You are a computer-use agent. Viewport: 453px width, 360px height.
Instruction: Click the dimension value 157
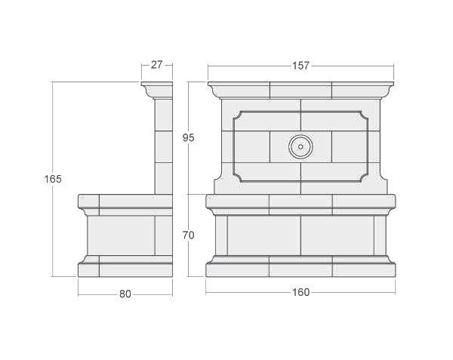[x=300, y=66]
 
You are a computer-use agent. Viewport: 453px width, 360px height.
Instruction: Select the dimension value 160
[x=300, y=293]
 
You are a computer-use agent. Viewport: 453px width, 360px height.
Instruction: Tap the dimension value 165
[x=53, y=179]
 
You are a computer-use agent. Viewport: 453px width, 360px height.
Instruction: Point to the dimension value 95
[x=189, y=137]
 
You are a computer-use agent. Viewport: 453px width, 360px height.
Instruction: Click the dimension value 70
[x=189, y=235]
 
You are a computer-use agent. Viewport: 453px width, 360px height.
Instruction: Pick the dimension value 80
[x=125, y=294]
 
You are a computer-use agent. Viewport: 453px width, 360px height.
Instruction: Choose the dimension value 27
[x=156, y=65]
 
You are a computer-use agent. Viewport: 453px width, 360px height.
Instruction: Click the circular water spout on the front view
[x=300, y=146]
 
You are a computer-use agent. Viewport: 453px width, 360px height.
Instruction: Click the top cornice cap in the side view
[x=157, y=90]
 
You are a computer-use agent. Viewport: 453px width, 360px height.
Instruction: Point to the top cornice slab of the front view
[x=300, y=89]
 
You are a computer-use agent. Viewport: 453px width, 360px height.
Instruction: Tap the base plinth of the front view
[x=300, y=269]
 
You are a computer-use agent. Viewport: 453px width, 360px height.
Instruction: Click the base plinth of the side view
[x=125, y=269]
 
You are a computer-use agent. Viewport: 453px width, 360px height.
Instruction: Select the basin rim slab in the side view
[x=125, y=202]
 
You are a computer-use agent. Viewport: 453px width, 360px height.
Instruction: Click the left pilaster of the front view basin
[x=221, y=235]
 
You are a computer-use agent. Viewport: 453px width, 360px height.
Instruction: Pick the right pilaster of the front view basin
[x=381, y=235]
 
